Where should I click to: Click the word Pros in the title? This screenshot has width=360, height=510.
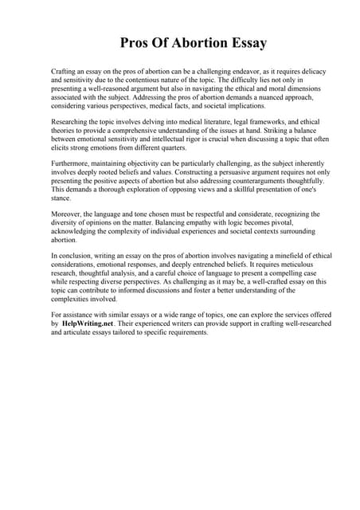click(137, 43)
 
